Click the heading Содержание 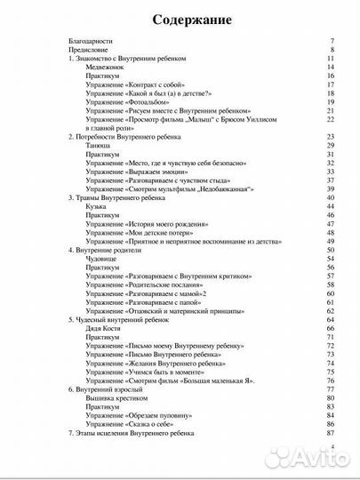coord(180,19)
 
